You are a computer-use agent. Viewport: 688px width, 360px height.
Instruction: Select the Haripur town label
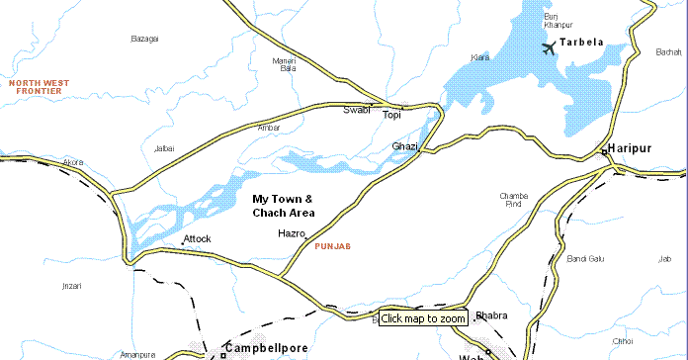click(x=633, y=147)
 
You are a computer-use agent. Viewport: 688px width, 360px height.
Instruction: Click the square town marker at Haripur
click(x=603, y=151)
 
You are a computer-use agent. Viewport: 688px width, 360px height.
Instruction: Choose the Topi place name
click(x=392, y=116)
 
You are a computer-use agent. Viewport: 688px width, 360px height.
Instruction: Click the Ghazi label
click(x=405, y=146)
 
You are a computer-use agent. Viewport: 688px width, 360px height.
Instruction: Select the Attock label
click(x=197, y=238)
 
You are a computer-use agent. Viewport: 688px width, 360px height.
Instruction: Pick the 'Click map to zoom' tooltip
click(x=423, y=318)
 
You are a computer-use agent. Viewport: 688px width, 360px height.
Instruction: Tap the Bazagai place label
click(x=144, y=39)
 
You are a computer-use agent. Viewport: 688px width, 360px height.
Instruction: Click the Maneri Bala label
click(x=284, y=65)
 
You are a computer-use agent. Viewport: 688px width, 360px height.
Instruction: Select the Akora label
click(x=73, y=161)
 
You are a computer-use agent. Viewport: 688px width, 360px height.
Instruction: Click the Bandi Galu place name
click(x=585, y=259)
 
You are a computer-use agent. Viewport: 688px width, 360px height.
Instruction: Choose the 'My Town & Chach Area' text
click(x=283, y=206)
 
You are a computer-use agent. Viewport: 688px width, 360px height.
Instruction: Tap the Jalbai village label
click(x=164, y=148)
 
